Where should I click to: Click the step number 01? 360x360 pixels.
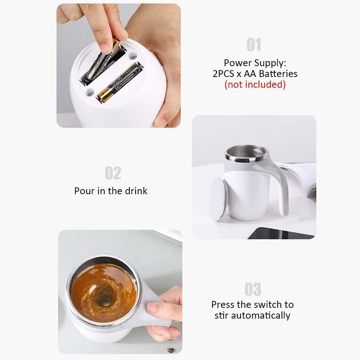pos(254,45)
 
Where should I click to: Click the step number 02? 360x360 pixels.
pos(113,173)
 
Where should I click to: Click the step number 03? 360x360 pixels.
pos(253,289)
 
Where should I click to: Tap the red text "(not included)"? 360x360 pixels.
pos(255,85)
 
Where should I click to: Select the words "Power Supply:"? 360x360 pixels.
pos(255,63)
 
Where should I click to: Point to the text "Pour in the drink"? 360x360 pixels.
pos(111,191)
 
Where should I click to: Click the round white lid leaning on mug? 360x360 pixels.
pos(218,198)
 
